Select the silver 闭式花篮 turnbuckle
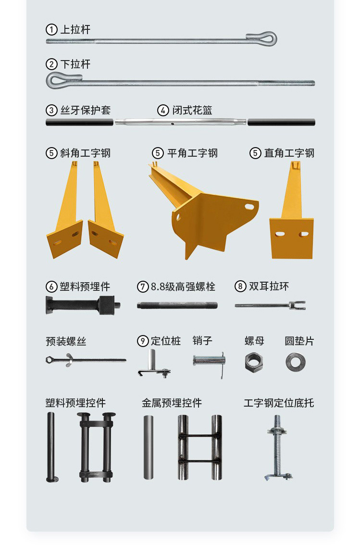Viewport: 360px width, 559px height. (x=180, y=122)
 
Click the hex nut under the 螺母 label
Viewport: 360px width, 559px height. (x=254, y=362)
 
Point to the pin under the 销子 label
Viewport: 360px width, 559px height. (x=209, y=360)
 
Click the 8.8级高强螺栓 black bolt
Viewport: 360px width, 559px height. (x=177, y=306)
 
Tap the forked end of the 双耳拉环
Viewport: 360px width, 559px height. (x=297, y=305)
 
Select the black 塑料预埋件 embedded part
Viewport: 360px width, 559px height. (x=83, y=305)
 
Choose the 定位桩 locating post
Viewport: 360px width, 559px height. (x=154, y=363)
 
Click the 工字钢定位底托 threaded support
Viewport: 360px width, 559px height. (x=277, y=447)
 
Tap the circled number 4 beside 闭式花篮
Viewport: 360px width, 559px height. (x=163, y=110)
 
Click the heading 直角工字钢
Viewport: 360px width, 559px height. (x=289, y=153)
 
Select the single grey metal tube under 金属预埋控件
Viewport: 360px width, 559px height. (x=149, y=447)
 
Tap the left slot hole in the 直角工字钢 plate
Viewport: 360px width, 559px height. (x=280, y=234)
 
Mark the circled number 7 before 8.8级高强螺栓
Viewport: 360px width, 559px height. (x=143, y=286)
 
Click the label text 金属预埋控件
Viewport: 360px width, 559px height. (x=172, y=403)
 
